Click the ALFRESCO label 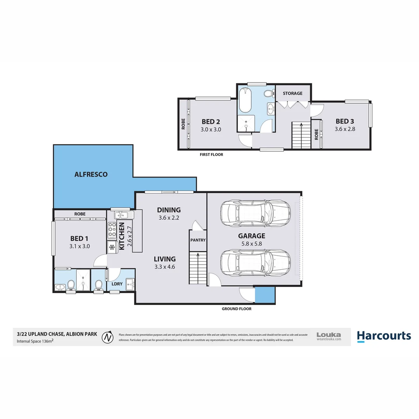click(91, 175)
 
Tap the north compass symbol click(107, 337)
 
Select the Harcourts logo click(383, 336)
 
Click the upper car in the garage click(255, 212)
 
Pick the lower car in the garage click(255, 262)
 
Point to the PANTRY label click(198, 240)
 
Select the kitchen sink click(123, 215)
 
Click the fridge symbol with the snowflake click(112, 247)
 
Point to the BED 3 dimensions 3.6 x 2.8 click(345, 129)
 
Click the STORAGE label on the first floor click(292, 93)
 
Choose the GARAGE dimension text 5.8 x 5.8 click(251, 244)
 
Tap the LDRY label click(117, 284)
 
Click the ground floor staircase click(197, 268)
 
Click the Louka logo click(329, 336)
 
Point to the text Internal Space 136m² click(35, 341)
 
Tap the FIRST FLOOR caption click(211, 154)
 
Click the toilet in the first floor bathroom click(267, 93)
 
